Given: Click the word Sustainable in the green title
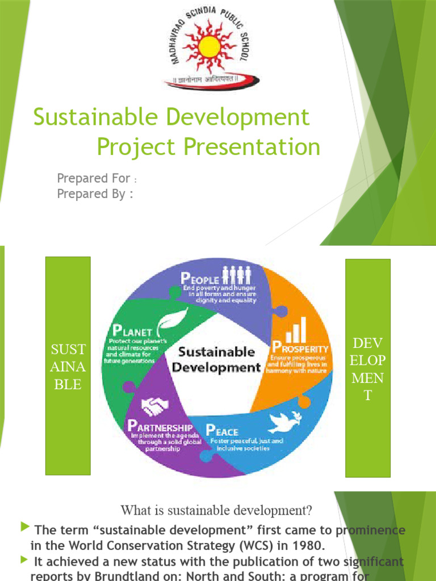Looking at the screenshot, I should [x=93, y=117].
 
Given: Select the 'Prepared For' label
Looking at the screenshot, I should [x=94, y=179].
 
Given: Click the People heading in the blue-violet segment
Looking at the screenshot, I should [x=199, y=279].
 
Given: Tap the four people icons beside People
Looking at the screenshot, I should [x=236, y=275].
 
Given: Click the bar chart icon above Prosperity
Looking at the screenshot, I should [x=296, y=330].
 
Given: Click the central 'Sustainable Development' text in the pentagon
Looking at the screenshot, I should [x=216, y=359].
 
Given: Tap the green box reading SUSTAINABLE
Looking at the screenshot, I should [x=68, y=366].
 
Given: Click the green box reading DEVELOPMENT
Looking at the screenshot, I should [x=368, y=368].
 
